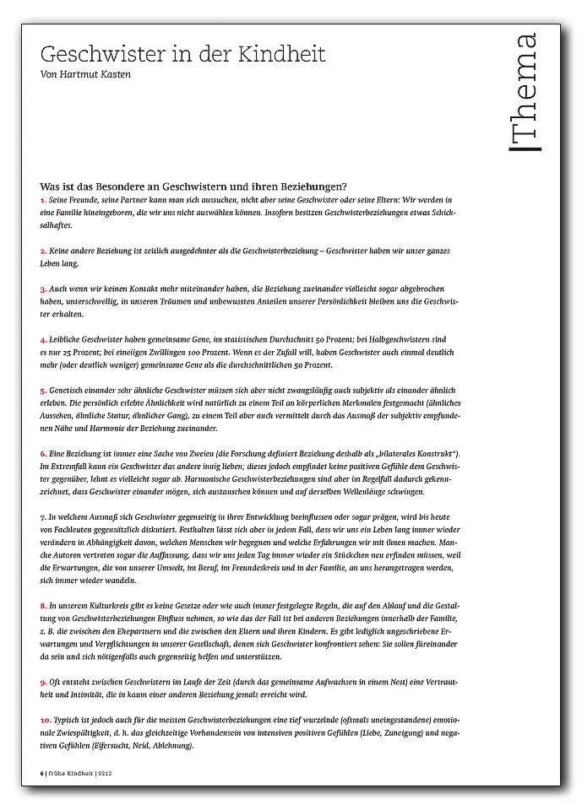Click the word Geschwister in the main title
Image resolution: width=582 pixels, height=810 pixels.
(94, 55)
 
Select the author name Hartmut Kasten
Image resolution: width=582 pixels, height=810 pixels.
(101, 73)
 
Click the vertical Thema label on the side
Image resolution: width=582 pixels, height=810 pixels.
(525, 92)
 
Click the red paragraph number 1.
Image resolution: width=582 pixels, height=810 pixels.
(43, 199)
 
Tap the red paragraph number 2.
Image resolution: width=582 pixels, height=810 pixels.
(43, 251)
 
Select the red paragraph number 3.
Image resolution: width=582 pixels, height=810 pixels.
(43, 289)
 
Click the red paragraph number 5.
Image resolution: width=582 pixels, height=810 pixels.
(43, 391)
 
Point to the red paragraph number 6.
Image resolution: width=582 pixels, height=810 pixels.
(43, 454)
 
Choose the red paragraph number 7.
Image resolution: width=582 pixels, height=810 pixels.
(43, 516)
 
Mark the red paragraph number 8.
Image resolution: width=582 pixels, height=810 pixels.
(43, 606)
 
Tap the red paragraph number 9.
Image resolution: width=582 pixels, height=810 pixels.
(43, 682)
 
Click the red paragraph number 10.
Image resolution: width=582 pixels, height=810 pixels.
(45, 719)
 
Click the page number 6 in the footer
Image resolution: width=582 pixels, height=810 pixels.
(41, 772)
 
